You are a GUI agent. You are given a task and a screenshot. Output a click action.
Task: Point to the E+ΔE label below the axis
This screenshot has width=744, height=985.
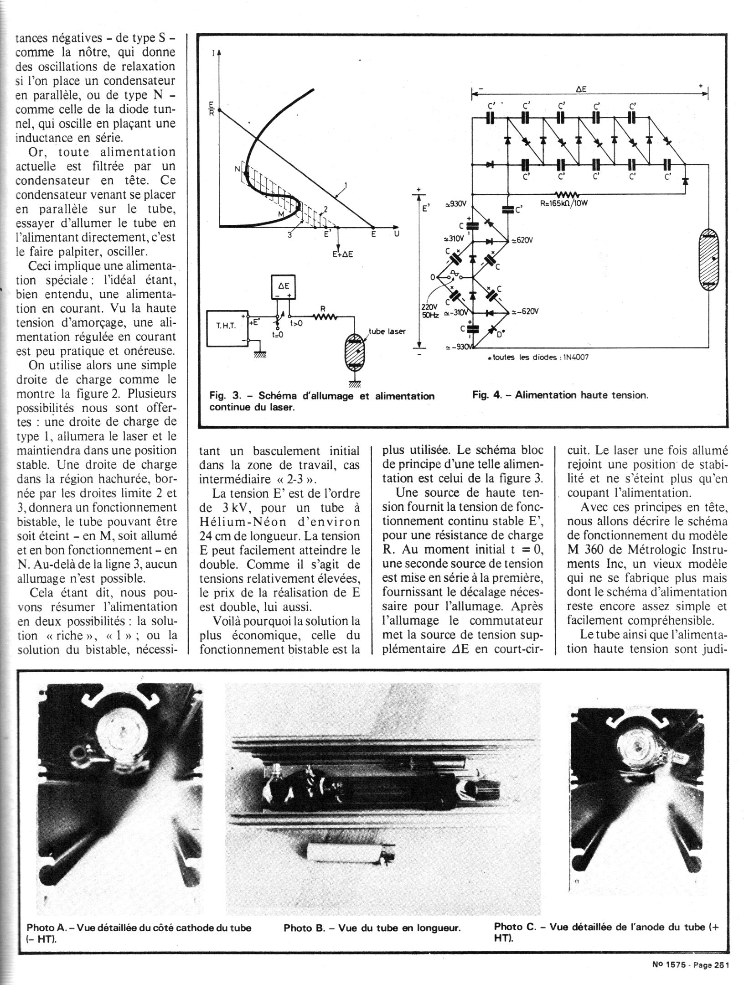pyautogui.click(x=342, y=254)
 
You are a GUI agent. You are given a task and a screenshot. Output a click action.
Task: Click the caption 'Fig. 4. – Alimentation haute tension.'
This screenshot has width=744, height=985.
pyautogui.click(x=560, y=395)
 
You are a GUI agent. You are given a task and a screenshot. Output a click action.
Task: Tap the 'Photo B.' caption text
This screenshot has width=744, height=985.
pyautogui.click(x=372, y=915)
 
